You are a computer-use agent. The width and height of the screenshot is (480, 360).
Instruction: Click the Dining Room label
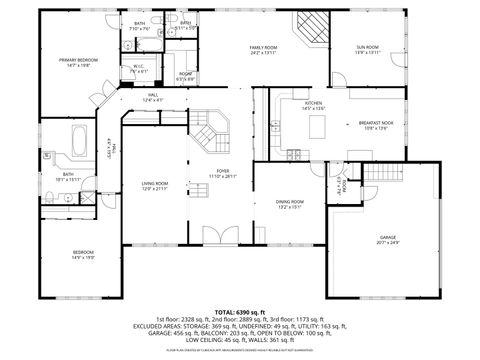pos(290,205)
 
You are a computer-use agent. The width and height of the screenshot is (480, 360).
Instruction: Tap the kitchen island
pos(317,127)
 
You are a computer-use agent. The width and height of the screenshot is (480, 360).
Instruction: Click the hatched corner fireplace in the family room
pos(310,30)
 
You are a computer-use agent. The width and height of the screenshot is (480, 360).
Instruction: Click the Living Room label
pos(154,185)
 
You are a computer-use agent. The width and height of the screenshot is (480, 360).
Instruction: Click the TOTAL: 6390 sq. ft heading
pos(239,312)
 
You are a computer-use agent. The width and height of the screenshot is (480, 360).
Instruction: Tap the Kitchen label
pos(313,105)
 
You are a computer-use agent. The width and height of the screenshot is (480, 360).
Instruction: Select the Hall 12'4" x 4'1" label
pos(153,99)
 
